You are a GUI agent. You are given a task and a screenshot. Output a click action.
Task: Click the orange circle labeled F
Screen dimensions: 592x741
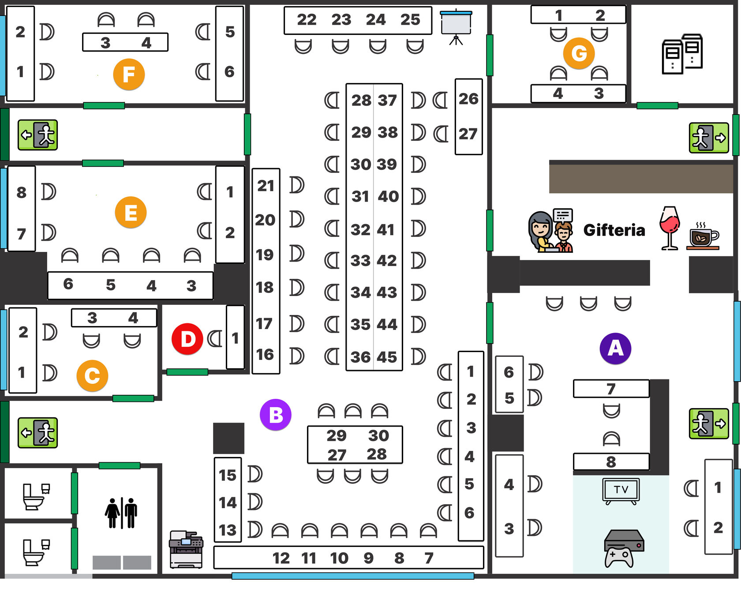[129, 74]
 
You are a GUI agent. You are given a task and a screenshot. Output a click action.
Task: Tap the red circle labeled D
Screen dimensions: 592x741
[187, 339]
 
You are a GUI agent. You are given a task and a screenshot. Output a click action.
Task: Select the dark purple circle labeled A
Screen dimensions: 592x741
[615, 348]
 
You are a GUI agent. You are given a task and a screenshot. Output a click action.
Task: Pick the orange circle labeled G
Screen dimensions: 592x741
[579, 53]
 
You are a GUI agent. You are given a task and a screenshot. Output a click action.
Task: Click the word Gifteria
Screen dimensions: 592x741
[614, 230]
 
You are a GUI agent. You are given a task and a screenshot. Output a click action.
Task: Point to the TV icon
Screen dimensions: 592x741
[621, 491]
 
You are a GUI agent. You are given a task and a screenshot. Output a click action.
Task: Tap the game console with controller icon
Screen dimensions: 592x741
[623, 548]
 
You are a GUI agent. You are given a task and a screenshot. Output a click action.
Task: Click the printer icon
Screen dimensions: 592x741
[186, 549]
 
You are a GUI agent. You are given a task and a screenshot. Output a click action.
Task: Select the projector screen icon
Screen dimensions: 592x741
[456, 26]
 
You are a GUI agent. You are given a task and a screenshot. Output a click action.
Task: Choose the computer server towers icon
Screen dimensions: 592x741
[682, 54]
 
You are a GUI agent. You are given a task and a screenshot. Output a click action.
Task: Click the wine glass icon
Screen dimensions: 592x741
[670, 228]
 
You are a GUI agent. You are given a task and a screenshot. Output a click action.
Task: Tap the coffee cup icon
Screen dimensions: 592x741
[704, 236]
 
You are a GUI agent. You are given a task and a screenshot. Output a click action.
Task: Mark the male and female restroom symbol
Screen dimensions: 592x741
[121, 513]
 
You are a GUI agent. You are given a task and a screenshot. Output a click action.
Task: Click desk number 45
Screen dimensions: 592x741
[387, 357]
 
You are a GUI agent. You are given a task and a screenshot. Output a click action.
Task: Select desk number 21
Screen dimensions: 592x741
[266, 186]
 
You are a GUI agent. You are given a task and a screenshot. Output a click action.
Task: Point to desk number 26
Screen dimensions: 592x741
[468, 98]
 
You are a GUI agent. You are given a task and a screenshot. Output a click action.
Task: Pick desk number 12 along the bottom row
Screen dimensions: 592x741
[281, 558]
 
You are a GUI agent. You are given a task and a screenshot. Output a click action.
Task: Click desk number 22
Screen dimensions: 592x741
[307, 19]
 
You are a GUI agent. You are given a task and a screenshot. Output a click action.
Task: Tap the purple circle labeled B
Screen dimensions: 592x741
[276, 415]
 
